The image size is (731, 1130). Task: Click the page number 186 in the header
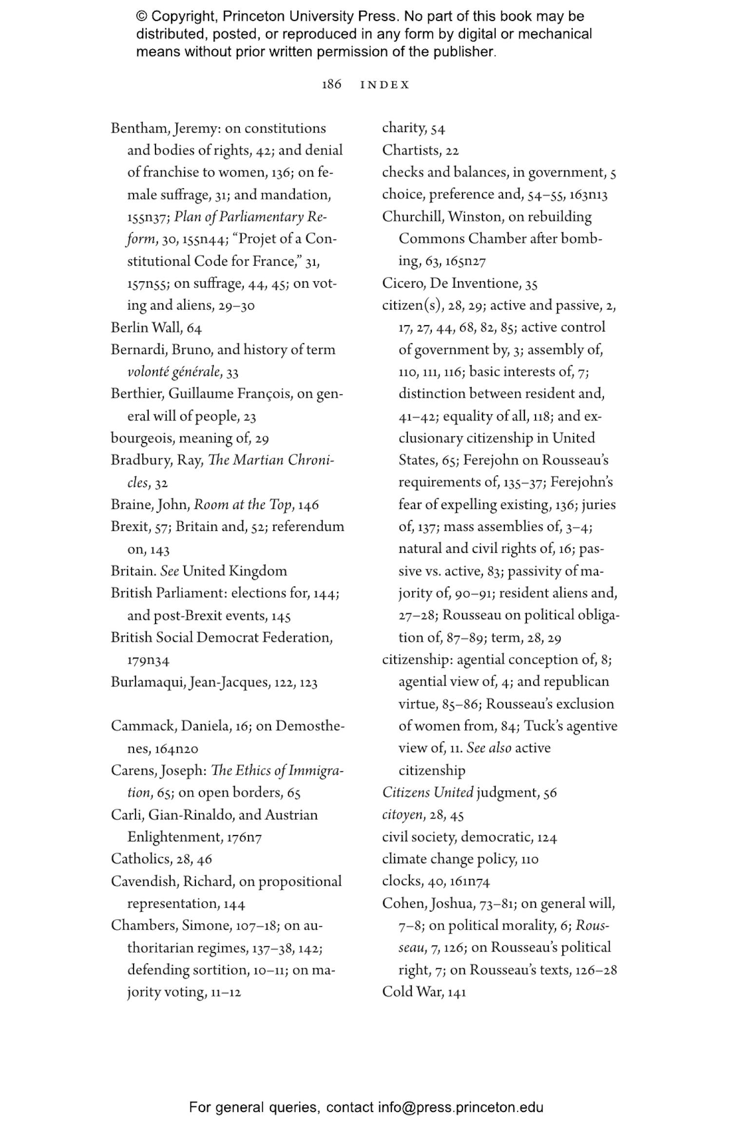click(x=331, y=84)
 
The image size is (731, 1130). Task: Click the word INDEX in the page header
click(x=385, y=85)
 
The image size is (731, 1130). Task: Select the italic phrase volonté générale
click(x=173, y=372)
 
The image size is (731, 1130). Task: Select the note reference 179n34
click(x=148, y=660)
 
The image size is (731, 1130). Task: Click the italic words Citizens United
click(x=427, y=792)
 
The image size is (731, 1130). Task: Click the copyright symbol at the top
click(x=141, y=17)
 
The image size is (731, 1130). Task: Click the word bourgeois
click(x=142, y=438)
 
